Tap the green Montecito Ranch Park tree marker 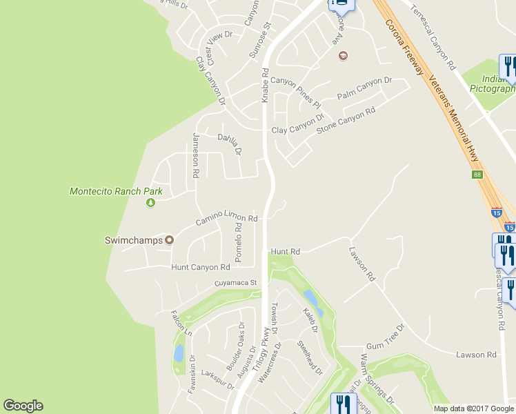tap(150, 203)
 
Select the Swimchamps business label tap(132, 240)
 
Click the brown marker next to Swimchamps tap(168, 240)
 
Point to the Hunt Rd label tap(286, 252)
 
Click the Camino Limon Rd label tap(226, 219)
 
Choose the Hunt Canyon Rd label tap(200, 267)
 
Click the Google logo tap(23, 406)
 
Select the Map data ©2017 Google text tap(473, 408)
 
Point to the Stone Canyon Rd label tap(345, 121)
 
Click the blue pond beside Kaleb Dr tap(310, 299)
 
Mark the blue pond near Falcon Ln tap(179, 353)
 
